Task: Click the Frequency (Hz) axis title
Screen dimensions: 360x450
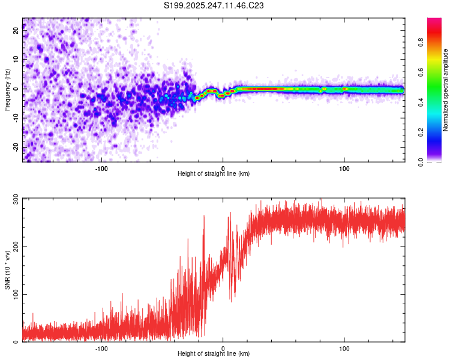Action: [x=7, y=90]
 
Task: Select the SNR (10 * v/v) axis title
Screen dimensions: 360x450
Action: [x=7, y=270]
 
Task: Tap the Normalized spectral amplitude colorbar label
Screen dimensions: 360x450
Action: [x=446, y=90]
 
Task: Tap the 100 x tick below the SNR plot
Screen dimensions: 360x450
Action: [x=344, y=348]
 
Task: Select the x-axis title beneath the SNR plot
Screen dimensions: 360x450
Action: [x=214, y=354]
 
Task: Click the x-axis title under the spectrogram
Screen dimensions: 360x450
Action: [x=214, y=174]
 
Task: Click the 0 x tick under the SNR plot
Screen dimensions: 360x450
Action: [x=223, y=348]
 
